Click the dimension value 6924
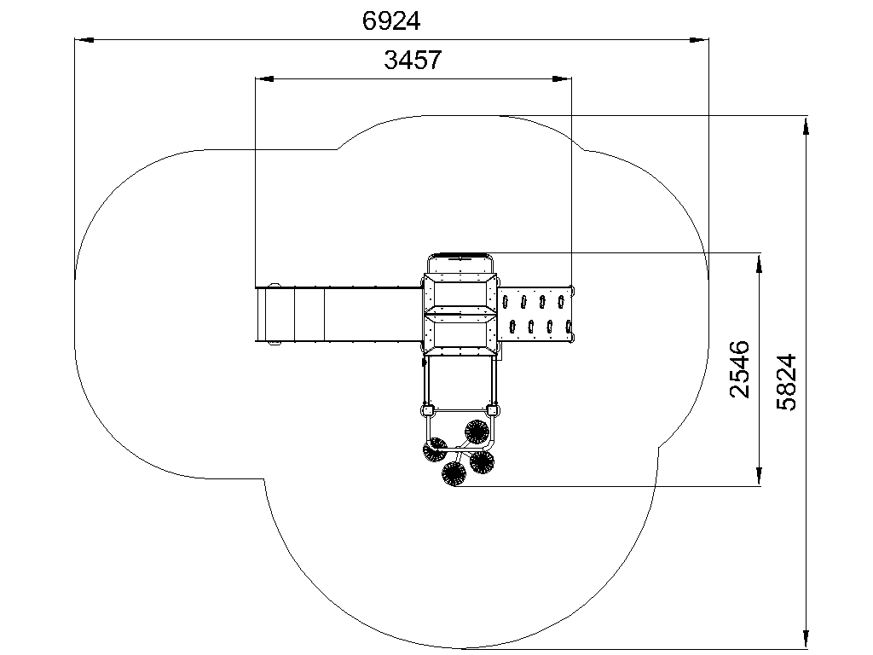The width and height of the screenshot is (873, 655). (x=390, y=21)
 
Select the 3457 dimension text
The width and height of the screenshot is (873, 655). (x=413, y=60)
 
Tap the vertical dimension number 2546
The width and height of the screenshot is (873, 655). (x=739, y=369)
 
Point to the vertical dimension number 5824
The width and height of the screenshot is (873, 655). (x=786, y=382)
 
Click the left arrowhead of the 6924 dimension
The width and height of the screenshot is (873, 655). (x=84, y=39)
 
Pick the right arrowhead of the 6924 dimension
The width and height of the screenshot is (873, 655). (x=699, y=39)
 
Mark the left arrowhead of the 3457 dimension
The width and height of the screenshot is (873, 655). (x=264, y=79)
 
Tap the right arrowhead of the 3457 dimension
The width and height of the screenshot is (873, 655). (x=562, y=79)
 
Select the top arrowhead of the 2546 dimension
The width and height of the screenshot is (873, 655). (x=759, y=264)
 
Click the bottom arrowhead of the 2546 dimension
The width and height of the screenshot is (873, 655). (x=759, y=476)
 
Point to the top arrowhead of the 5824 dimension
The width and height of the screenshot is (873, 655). (x=806, y=126)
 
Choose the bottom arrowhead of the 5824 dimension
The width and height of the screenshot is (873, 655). (x=806, y=640)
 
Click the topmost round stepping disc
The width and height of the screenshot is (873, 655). (x=477, y=432)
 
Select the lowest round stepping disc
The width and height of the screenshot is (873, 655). (x=454, y=474)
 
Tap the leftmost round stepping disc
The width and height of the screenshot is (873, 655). (x=435, y=449)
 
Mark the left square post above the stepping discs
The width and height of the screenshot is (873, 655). (x=428, y=411)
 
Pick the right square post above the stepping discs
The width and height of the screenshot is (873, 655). (x=492, y=411)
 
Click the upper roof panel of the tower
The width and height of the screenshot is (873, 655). (x=460, y=293)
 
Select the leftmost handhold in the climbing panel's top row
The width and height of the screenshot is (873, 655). (x=506, y=302)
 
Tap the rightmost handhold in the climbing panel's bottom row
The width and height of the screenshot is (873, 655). (x=569, y=327)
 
